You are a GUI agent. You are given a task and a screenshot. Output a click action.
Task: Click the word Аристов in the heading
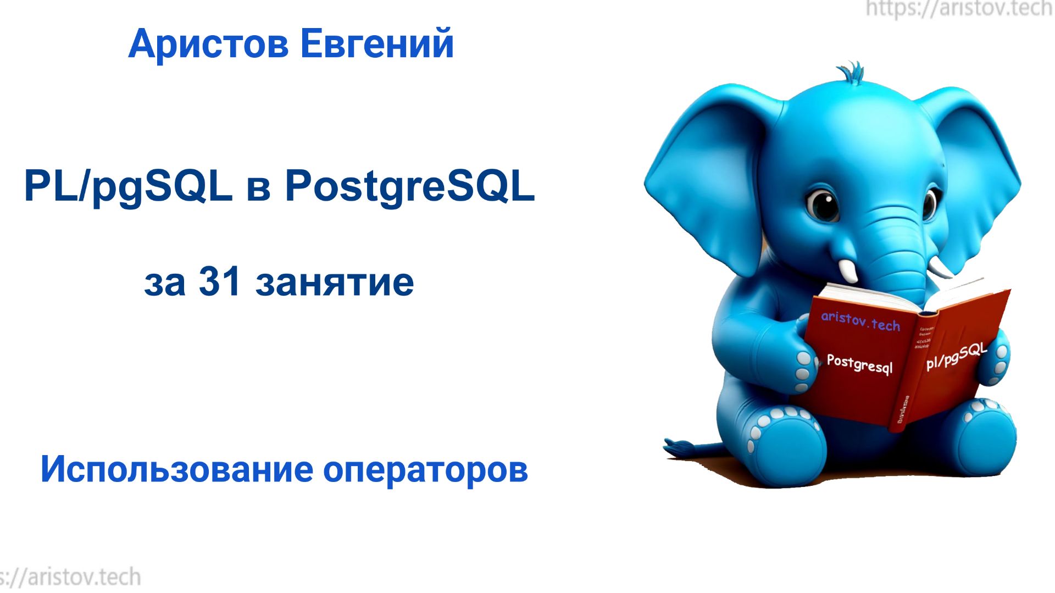(x=208, y=44)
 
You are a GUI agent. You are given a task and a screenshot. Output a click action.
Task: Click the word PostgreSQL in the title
(x=409, y=187)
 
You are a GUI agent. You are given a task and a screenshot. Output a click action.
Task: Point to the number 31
(x=219, y=282)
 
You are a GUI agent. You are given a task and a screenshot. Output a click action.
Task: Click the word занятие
(x=334, y=283)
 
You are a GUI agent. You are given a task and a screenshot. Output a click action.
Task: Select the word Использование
(x=176, y=470)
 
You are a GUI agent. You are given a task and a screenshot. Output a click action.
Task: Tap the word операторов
(x=425, y=471)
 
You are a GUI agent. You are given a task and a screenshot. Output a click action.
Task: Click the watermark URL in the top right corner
(x=959, y=9)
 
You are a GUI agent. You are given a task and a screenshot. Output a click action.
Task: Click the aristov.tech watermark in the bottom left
(x=71, y=577)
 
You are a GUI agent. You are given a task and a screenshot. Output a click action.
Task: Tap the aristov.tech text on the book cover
(x=860, y=321)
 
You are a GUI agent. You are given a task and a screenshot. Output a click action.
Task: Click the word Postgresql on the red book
(x=859, y=364)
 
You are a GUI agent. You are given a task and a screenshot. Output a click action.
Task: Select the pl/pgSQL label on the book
(x=956, y=356)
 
